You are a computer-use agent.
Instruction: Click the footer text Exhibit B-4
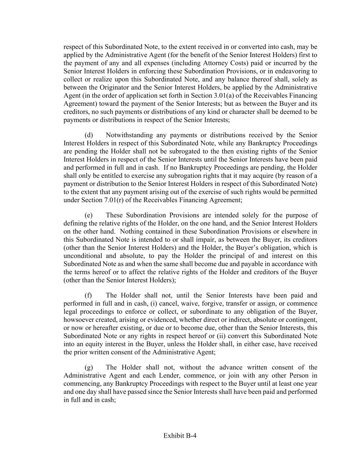tap(180, 436)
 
